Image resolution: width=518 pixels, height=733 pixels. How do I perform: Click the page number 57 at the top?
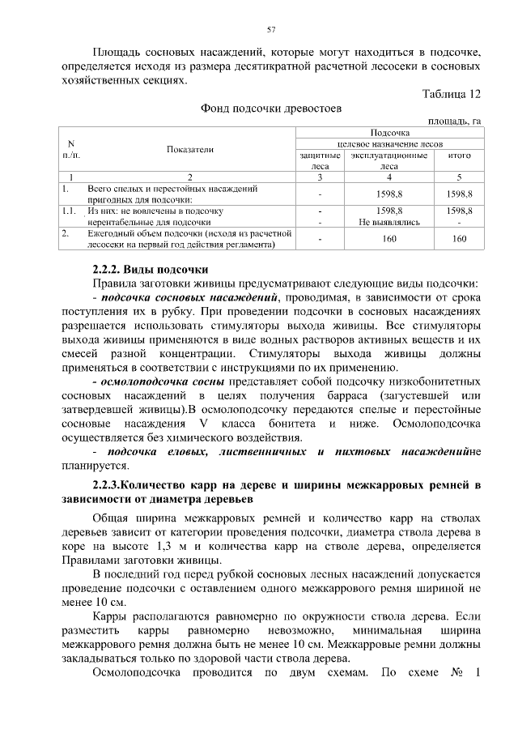click(x=272, y=30)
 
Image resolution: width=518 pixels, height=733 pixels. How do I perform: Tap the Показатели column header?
click(x=190, y=150)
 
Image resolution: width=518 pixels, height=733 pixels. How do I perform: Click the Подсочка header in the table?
click(x=389, y=131)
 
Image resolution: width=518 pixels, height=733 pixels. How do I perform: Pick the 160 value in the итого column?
click(x=459, y=238)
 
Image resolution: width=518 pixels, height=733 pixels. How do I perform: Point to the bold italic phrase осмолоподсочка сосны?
click(x=162, y=379)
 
